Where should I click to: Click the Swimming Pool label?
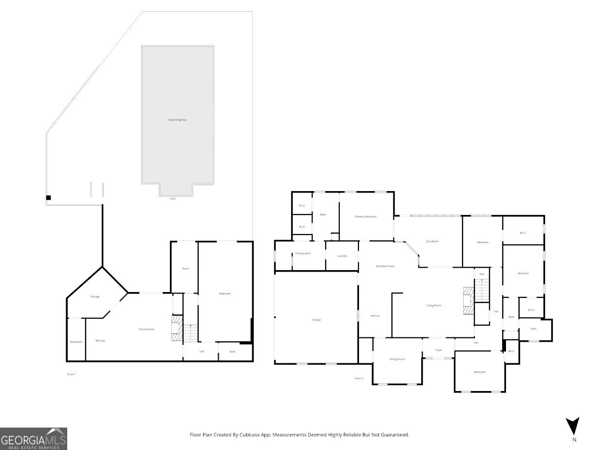pos(177,119)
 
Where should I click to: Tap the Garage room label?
pos(316,320)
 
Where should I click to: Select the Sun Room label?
pos(432,241)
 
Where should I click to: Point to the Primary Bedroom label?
pos(366,216)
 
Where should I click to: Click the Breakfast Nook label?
pos(385,266)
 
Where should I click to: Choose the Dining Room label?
pos(397,359)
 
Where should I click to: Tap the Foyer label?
pos(438,350)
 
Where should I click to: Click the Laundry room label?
pos(342,256)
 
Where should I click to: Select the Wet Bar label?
pos(100,340)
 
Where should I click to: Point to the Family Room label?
pos(146,330)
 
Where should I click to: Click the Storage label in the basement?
pos(94,296)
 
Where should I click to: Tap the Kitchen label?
pos(375,316)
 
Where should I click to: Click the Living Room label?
pos(433,306)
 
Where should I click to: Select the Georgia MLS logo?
pos(34,438)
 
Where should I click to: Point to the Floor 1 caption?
pos(72,374)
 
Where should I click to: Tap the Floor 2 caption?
pos(359,378)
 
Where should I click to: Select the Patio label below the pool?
pos(173,198)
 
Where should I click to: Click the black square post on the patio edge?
pos(48,197)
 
